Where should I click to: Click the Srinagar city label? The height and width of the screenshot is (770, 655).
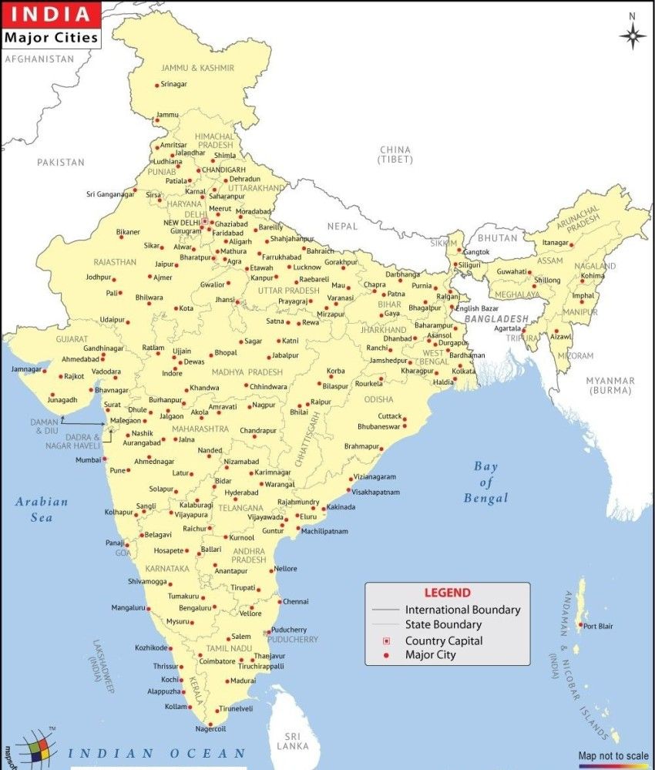(174, 84)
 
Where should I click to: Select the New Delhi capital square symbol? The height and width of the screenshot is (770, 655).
(205, 221)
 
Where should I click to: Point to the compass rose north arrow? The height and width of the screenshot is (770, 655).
(633, 34)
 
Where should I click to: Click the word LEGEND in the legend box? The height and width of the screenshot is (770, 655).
(447, 593)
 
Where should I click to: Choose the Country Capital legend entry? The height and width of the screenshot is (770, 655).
(444, 641)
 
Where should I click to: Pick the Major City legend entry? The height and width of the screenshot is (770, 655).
(431, 655)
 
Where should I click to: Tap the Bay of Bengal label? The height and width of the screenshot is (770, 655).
(486, 482)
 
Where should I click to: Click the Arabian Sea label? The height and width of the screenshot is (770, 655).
(42, 509)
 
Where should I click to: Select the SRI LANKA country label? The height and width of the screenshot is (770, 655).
(294, 740)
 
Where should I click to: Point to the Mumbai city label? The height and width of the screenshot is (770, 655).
(88, 460)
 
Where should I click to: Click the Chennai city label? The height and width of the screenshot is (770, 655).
(296, 601)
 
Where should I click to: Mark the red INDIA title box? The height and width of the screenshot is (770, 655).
(50, 14)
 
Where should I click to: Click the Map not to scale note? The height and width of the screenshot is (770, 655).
(613, 756)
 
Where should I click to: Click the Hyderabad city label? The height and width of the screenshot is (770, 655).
(241, 493)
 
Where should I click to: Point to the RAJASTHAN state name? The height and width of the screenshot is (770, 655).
(115, 262)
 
